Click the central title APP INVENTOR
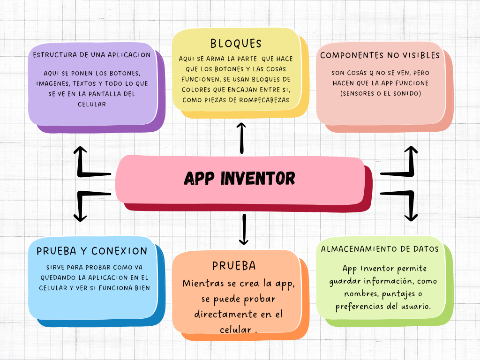click(x=240, y=178)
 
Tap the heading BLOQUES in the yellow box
click(x=236, y=44)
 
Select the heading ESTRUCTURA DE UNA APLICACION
click(x=92, y=55)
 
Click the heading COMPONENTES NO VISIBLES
click(x=380, y=55)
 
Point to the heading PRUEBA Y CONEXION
click(x=92, y=251)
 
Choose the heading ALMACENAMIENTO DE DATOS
click(x=380, y=249)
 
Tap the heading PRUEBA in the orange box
click(x=234, y=266)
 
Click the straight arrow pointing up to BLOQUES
click(x=241, y=138)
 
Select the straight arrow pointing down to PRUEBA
click(x=244, y=229)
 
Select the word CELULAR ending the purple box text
click(x=92, y=105)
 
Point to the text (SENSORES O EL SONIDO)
click(x=381, y=93)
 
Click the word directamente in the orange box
click(x=225, y=314)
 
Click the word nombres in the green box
click(x=361, y=294)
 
